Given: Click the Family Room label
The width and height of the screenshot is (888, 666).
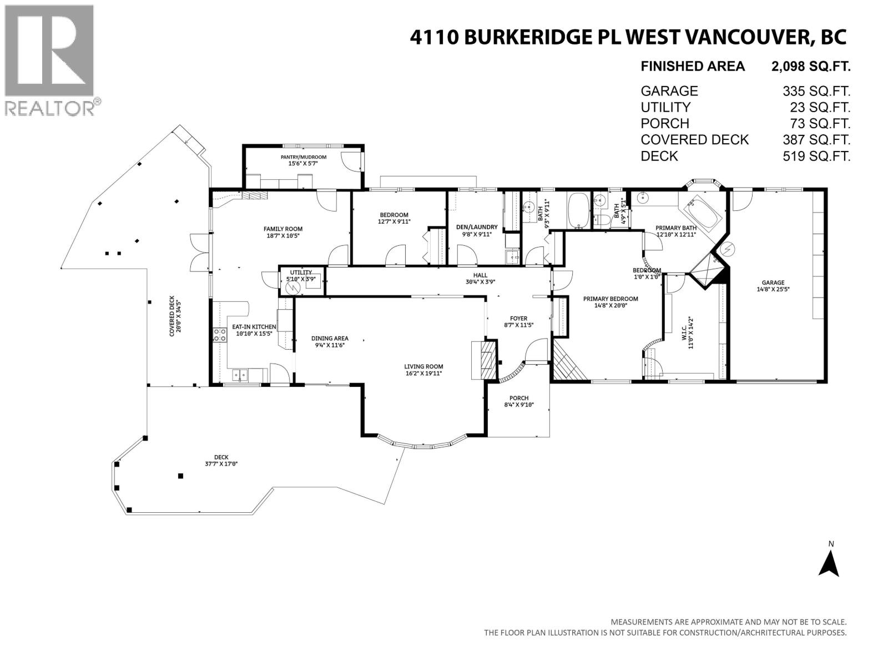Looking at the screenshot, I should coord(282,229).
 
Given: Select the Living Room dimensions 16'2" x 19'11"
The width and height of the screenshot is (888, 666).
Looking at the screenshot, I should coord(423,374).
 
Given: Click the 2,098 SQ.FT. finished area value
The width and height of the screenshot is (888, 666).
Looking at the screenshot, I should coord(810,67).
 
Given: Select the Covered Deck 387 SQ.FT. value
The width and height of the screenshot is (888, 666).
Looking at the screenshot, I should coord(816,140).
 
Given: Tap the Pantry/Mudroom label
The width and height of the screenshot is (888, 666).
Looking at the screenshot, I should coord(303,157).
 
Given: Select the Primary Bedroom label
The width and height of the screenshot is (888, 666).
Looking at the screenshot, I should coord(610,299).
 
